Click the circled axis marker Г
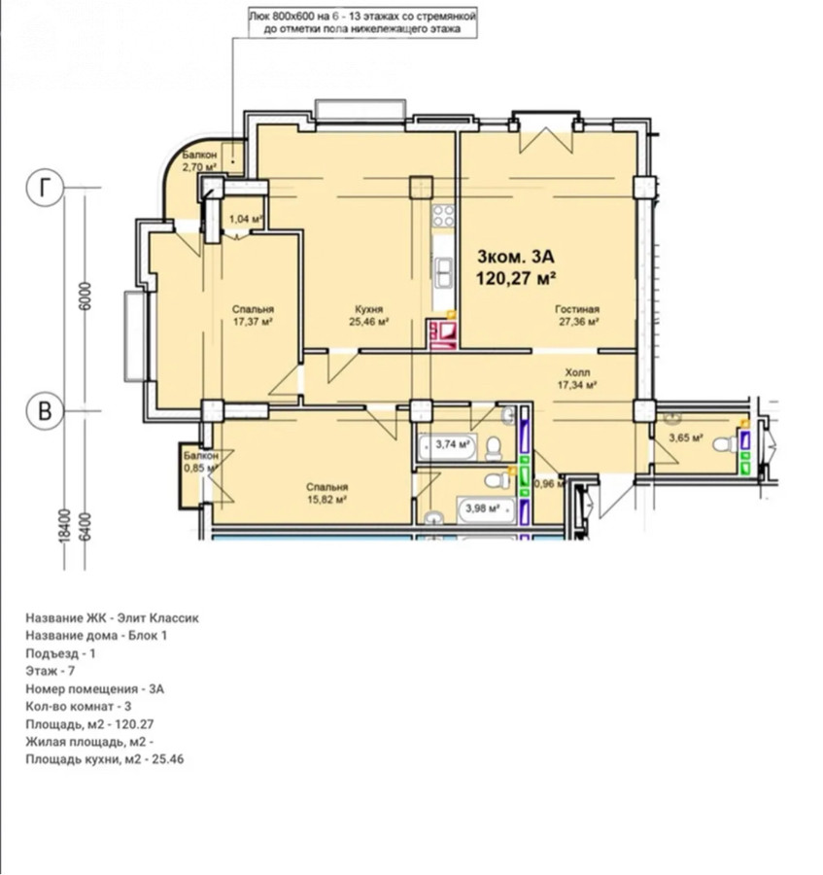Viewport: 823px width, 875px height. tap(45, 188)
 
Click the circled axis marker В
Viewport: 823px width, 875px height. tap(45, 411)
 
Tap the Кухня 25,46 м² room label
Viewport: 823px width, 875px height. tap(368, 315)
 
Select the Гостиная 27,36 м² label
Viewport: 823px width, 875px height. tap(577, 315)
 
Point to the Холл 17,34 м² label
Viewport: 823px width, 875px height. tap(578, 378)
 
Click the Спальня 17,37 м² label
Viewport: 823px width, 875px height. tap(253, 315)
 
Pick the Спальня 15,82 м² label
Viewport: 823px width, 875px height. tap(327, 493)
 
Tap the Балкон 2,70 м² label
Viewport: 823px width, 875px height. tap(199, 160)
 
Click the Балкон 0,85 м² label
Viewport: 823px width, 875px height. tap(201, 462)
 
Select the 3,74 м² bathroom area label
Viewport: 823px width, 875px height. tap(453, 444)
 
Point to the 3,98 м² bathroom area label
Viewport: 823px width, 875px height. tap(483, 508)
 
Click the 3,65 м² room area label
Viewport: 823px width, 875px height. tap(685, 438)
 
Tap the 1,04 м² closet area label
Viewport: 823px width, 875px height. tap(245, 220)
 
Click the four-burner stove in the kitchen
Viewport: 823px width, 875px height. tap(444, 216)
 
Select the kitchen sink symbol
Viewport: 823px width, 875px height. tap(444, 273)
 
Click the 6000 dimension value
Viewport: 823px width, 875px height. tap(86, 297)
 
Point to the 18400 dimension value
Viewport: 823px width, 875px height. tap(65, 525)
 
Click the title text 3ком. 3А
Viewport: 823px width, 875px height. tap(516, 257)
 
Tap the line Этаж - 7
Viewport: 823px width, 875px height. tap(51, 671)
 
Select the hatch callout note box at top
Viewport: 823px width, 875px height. tap(362, 23)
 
